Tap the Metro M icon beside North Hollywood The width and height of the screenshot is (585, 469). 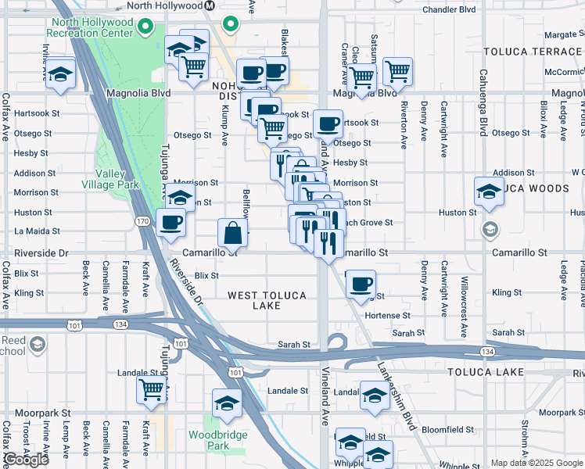click(209, 5)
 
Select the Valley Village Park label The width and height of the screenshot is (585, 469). click(110, 179)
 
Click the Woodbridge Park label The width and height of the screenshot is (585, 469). click(218, 440)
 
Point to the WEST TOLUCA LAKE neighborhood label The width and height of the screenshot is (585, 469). click(265, 300)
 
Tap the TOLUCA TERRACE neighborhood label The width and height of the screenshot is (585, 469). click(533, 52)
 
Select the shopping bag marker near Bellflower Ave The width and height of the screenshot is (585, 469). click(234, 232)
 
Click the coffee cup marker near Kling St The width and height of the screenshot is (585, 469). click(361, 285)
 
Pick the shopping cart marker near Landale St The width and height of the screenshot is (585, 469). click(151, 389)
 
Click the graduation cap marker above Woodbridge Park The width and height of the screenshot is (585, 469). click(227, 403)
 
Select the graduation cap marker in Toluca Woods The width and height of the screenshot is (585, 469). click(489, 192)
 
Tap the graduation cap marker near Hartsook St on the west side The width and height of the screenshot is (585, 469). click(60, 75)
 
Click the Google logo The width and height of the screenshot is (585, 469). click(25, 460)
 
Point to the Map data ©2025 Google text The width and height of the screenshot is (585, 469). click(537, 463)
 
